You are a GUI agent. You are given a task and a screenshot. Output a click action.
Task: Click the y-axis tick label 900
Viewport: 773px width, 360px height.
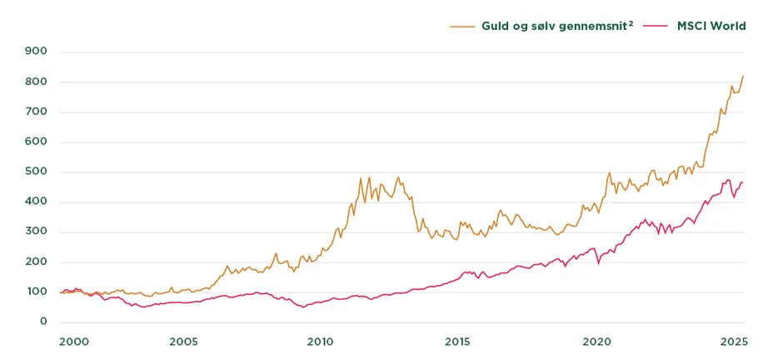tap(37, 52)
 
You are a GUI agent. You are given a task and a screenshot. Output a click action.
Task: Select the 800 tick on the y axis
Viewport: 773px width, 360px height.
tap(37, 82)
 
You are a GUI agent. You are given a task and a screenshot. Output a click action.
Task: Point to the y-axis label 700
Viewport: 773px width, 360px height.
tap(37, 112)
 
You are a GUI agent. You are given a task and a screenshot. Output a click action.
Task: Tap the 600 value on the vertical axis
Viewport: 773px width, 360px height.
tap(37, 142)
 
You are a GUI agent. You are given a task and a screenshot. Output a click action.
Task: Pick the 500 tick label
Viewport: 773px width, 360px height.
tap(37, 172)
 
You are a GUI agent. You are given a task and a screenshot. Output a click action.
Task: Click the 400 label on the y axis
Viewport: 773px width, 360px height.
tap(37, 202)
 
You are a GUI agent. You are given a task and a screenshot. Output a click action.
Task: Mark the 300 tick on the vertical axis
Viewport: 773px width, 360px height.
tap(37, 232)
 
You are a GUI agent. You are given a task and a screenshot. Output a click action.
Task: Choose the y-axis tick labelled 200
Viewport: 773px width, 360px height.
tap(37, 262)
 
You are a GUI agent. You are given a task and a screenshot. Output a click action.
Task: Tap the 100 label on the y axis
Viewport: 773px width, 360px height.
tap(37, 292)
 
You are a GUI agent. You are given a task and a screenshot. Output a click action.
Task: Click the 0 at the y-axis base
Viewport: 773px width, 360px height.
tap(43, 322)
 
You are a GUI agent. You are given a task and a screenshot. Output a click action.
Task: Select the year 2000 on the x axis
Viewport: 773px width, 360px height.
tap(74, 342)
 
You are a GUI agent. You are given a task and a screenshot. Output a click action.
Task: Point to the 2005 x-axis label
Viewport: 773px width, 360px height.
tap(183, 342)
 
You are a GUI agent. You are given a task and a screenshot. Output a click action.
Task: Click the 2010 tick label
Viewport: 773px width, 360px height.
tap(320, 342)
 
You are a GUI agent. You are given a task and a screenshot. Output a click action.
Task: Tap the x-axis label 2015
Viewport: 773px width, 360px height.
tap(457, 342)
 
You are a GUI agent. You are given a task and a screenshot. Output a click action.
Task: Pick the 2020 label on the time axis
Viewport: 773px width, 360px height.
tap(596, 342)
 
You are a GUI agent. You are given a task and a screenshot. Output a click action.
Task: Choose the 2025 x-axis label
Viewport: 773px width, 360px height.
tap(733, 342)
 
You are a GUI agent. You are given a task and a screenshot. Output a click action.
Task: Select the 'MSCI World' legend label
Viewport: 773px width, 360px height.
tap(710, 26)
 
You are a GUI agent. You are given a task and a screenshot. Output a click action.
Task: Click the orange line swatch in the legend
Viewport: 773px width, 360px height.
tap(462, 26)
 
